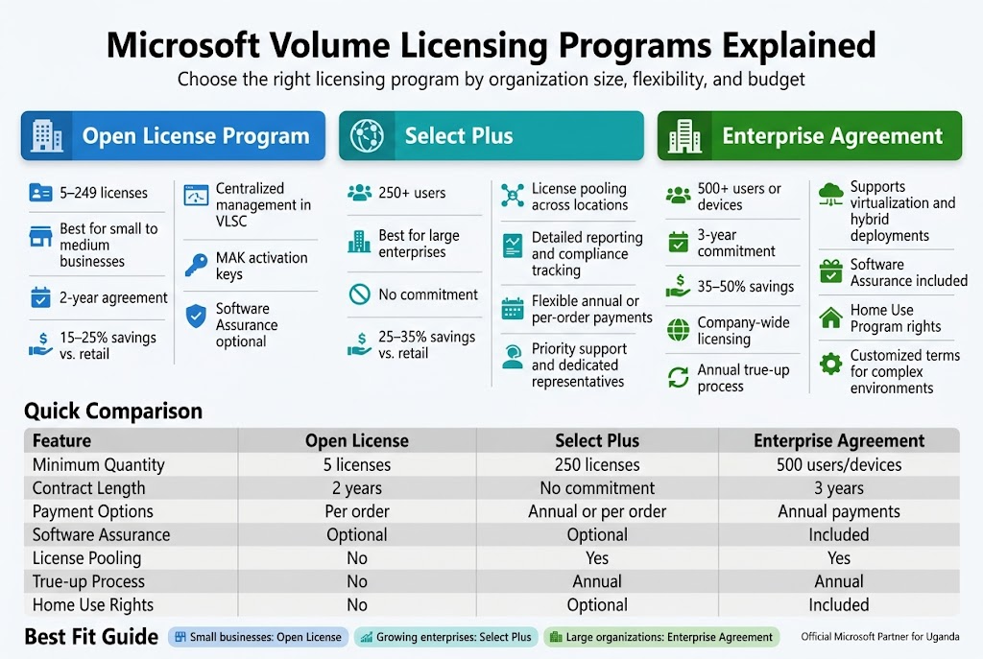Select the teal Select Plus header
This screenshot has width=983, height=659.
(x=491, y=136)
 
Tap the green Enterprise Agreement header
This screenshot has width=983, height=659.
(x=809, y=136)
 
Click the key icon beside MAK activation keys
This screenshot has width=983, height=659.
(x=196, y=265)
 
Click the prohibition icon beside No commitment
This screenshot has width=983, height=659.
(x=359, y=294)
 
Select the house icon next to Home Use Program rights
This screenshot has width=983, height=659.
(x=830, y=318)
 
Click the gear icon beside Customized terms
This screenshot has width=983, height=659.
(x=830, y=364)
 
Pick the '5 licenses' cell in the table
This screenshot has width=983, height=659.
(x=357, y=464)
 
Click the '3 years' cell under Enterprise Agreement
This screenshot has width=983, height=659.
(x=838, y=488)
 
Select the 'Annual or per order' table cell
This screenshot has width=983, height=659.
(x=597, y=511)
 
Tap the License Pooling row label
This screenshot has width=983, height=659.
(x=86, y=558)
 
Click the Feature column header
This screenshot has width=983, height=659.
(x=61, y=441)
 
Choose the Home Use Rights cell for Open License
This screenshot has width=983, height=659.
(x=357, y=605)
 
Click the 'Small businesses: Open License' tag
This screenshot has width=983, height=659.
(x=257, y=637)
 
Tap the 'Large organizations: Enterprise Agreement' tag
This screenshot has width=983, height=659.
(x=661, y=637)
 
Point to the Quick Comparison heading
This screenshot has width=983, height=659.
(x=113, y=412)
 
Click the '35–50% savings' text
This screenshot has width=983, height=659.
(x=746, y=287)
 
